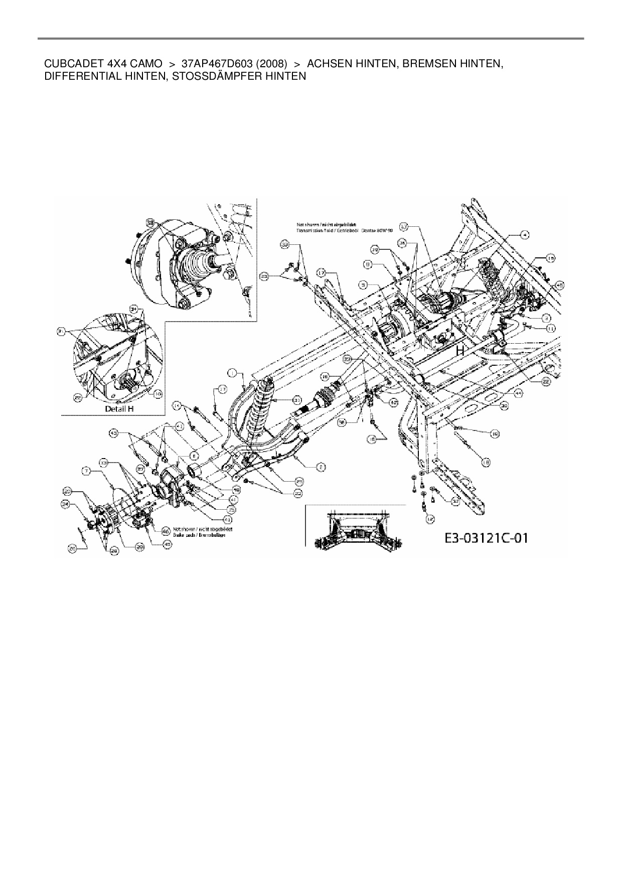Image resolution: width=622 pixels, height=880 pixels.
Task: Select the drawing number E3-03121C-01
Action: click(486, 539)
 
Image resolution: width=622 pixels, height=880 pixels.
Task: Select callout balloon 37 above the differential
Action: click(405, 227)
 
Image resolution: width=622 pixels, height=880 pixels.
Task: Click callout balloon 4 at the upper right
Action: click(525, 234)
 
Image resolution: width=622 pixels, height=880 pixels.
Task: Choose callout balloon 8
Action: click(368, 263)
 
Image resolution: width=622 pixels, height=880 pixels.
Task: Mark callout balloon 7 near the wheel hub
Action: click(87, 471)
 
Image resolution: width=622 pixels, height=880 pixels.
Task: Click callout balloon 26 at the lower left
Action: click(73, 549)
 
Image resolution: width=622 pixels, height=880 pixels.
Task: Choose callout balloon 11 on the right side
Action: click(550, 328)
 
